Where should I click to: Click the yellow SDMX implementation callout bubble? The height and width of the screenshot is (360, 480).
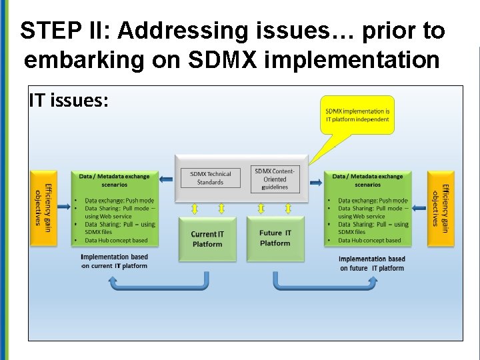357,115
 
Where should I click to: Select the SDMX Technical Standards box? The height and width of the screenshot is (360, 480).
210,178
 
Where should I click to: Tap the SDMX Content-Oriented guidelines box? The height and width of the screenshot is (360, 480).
275,179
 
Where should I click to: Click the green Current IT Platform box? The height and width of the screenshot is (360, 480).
207,239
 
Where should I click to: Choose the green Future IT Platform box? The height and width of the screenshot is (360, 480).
275,239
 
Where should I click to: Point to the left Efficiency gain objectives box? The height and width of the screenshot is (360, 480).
43,207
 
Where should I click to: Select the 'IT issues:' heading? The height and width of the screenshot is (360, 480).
69,100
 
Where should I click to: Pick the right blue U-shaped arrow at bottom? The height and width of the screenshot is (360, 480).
324,283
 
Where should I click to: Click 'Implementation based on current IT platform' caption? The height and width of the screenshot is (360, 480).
114,261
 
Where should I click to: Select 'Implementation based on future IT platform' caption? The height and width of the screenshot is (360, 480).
371,263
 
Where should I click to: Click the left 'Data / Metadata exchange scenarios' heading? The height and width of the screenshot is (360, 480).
114,180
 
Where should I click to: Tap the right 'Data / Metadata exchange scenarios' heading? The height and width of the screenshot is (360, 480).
368,180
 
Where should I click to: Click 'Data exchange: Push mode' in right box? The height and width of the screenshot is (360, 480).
373,201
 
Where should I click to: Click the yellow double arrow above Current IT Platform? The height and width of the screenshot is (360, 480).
194,209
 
